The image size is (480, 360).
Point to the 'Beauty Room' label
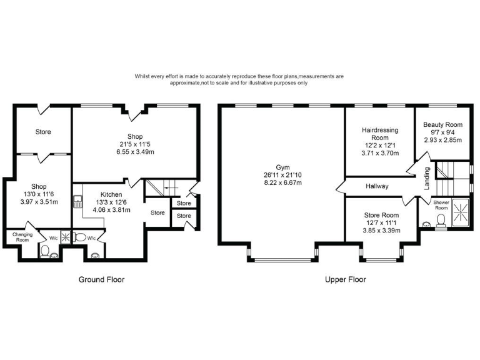(x=442, y=125)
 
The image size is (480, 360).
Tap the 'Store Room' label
(x=382, y=215)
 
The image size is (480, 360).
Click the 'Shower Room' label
(x=442, y=206)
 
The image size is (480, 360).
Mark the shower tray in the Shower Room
(x=462, y=214)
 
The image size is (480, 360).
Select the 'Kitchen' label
(x=111, y=195)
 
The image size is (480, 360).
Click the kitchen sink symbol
(x=78, y=201)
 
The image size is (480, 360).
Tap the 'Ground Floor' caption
(x=101, y=279)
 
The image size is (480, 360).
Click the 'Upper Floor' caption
(x=346, y=279)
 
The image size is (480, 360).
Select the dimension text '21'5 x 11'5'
(x=135, y=144)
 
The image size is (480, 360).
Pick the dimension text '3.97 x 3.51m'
(x=39, y=201)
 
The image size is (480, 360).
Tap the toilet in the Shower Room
(x=441, y=219)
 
